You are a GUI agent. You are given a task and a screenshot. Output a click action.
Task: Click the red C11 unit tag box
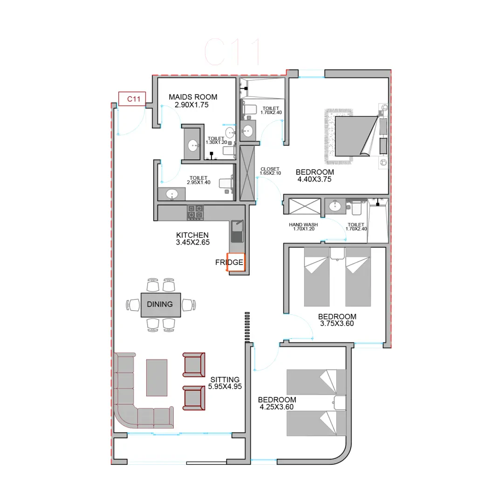pos(132,99)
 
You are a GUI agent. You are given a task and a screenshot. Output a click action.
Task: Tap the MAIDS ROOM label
pos(193,97)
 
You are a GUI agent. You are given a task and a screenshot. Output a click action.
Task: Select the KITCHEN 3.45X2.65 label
pos(192,238)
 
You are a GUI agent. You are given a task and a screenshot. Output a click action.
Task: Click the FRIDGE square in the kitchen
pos(236,262)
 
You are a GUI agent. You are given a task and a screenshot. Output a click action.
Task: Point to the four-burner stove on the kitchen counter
pos(195,213)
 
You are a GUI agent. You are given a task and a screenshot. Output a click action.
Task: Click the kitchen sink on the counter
pos(237,231)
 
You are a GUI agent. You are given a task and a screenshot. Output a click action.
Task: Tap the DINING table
pos(161,305)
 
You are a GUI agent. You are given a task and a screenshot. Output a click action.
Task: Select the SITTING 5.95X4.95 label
pos(225,383)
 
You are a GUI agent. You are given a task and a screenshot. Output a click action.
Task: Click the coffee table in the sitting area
pos(157,378)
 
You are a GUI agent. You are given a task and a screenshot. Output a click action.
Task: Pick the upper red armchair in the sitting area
pos(194,365)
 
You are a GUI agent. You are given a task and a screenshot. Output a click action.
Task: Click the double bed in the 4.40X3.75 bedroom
pos(356,136)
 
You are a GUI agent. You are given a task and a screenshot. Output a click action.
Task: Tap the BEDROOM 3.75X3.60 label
pos(337,320)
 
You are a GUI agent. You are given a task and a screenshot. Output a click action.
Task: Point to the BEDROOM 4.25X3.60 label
pos(277,403)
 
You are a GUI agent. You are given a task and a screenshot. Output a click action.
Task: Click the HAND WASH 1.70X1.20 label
pos(304,227)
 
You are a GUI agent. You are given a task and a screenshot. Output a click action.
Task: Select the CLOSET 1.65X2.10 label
pos(270,171)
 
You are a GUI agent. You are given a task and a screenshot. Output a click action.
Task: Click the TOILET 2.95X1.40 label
pos(198,180)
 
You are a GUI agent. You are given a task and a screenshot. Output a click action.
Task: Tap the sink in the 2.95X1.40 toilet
pos(172,194)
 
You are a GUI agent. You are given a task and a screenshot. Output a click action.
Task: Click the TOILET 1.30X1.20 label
pos(216,140)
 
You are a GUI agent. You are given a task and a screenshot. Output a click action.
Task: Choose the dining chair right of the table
pos(189,305)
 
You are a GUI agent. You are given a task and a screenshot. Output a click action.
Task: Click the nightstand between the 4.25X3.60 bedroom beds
pos(340,402)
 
